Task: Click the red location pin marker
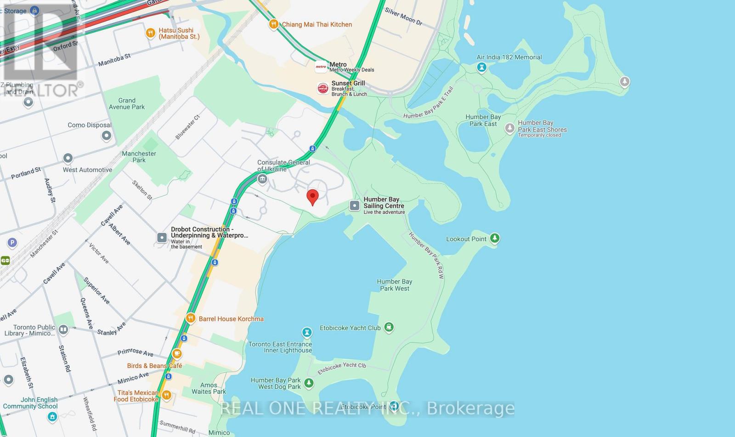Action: (312, 197)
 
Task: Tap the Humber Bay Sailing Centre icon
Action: (355, 206)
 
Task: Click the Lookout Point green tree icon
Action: (495, 238)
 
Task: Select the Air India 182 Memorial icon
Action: (481, 68)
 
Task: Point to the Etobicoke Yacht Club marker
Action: (389, 327)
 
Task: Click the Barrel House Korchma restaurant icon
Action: (191, 318)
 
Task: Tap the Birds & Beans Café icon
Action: (177, 354)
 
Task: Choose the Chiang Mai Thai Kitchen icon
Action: (274, 24)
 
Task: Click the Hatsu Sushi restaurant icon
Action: (150, 33)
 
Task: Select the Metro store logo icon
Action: (321, 67)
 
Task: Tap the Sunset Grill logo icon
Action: (323, 88)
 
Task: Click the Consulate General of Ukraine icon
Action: (262, 179)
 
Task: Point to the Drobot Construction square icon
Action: (162, 238)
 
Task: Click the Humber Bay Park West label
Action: (395, 285)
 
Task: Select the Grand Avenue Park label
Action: (127, 103)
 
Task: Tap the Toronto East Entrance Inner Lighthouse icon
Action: (306, 332)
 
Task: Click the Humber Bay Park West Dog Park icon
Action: (309, 382)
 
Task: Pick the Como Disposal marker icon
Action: (107, 136)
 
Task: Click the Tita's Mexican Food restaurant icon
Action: (166, 395)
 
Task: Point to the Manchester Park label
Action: (139, 157)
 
